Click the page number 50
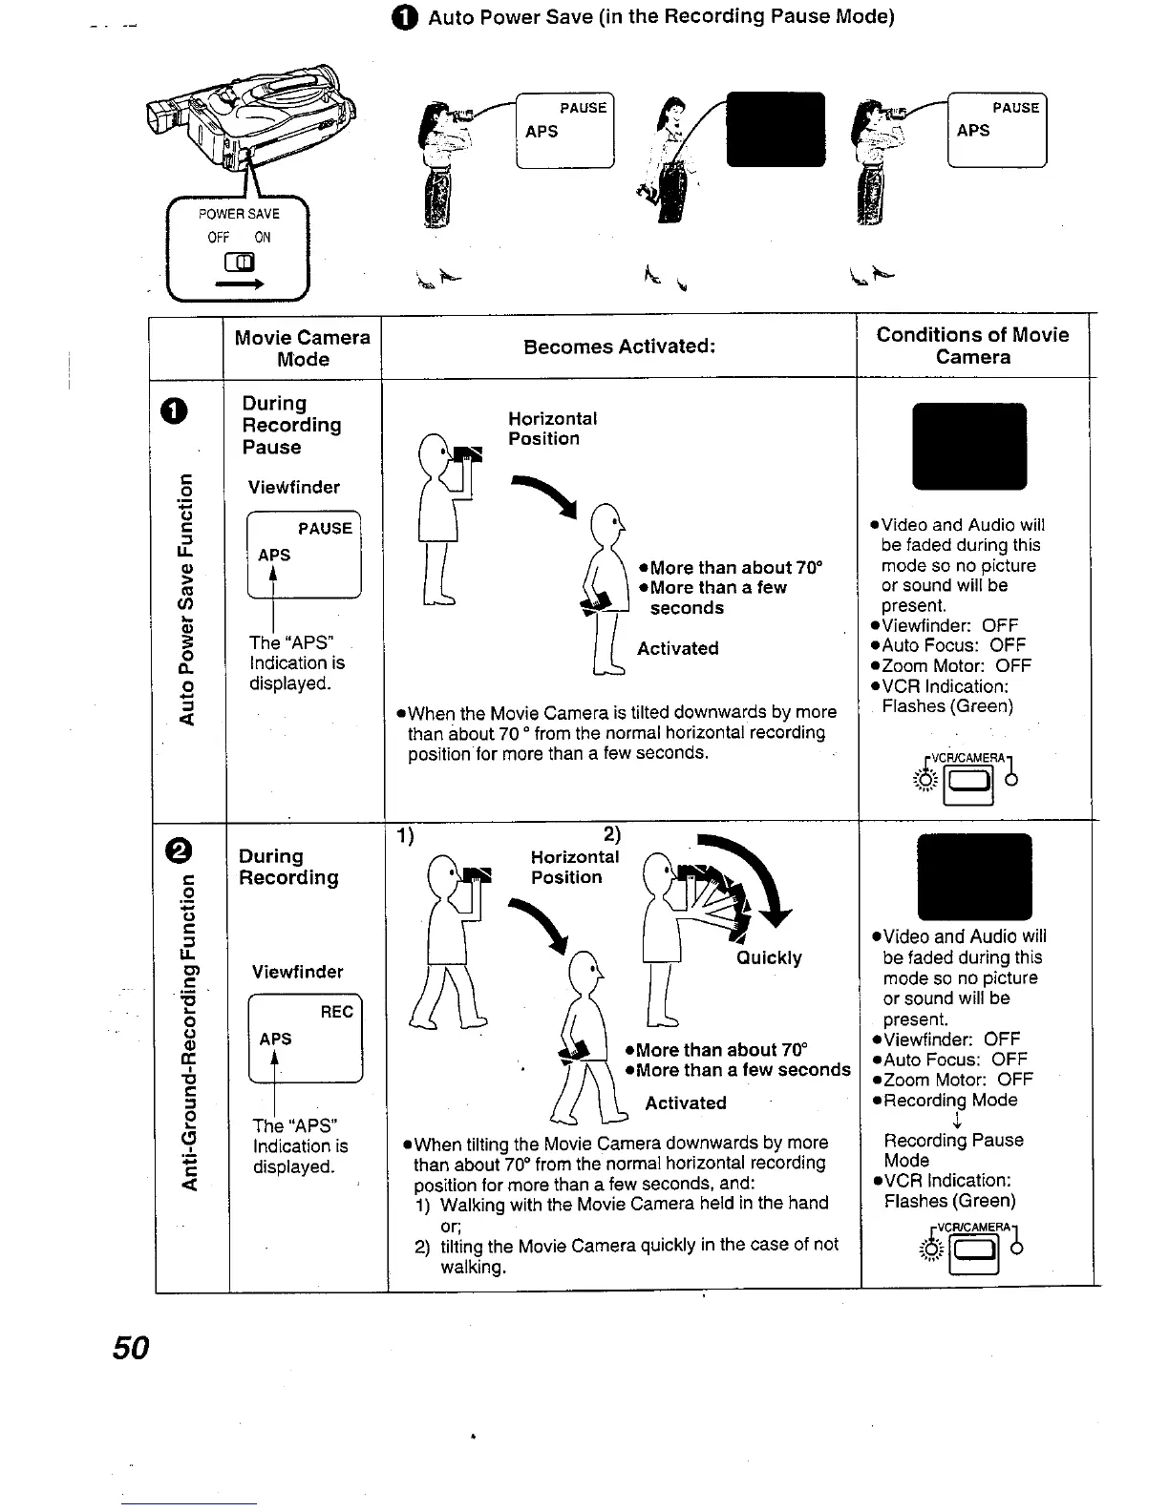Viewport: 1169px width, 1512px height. pos(131,1348)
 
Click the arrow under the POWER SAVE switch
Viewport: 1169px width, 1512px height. pos(239,283)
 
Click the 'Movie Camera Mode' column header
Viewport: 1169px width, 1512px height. pos(302,348)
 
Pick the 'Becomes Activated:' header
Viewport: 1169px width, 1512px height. pos(619,346)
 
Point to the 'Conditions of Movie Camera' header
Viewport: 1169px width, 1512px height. pos(972,346)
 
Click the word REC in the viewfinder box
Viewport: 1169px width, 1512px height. pos(336,1012)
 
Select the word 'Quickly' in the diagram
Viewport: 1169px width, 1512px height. pos(768,957)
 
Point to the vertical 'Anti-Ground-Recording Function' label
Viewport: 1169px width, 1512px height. pos(190,1032)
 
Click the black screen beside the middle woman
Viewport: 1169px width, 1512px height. pos(776,130)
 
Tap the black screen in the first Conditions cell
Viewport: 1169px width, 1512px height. pos(969,447)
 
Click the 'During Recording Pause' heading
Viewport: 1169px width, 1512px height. pos(290,425)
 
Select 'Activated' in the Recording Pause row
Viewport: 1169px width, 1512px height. pos(677,648)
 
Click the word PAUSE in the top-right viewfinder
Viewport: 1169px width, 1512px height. pos(1015,108)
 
